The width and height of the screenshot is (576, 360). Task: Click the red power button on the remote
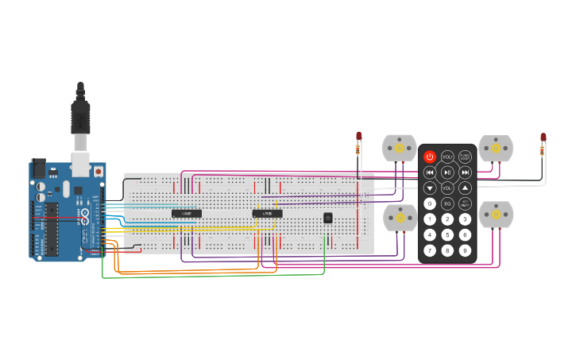coord(430,157)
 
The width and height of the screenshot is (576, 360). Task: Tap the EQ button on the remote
coord(447,203)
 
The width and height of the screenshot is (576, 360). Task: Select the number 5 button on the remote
coord(447,234)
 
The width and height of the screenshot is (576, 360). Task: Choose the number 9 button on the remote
coord(465,250)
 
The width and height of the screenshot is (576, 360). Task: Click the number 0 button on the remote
coord(430,203)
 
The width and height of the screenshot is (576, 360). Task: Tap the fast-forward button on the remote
coord(465,172)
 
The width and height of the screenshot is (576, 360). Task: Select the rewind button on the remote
coord(430,172)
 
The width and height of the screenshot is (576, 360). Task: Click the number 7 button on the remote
coord(430,250)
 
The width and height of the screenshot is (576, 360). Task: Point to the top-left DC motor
coord(400,149)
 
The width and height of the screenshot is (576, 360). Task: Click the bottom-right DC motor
coord(496,215)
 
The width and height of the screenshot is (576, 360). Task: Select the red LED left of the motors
coord(358,137)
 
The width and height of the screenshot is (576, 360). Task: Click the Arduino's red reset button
coord(99,171)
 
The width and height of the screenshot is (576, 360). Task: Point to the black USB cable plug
coord(80,115)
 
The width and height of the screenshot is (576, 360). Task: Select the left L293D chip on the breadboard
coord(187,213)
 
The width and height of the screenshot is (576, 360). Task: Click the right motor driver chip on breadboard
coord(267,213)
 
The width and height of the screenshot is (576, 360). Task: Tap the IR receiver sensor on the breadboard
coord(327,218)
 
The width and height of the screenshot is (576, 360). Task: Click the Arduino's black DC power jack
coord(38,168)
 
